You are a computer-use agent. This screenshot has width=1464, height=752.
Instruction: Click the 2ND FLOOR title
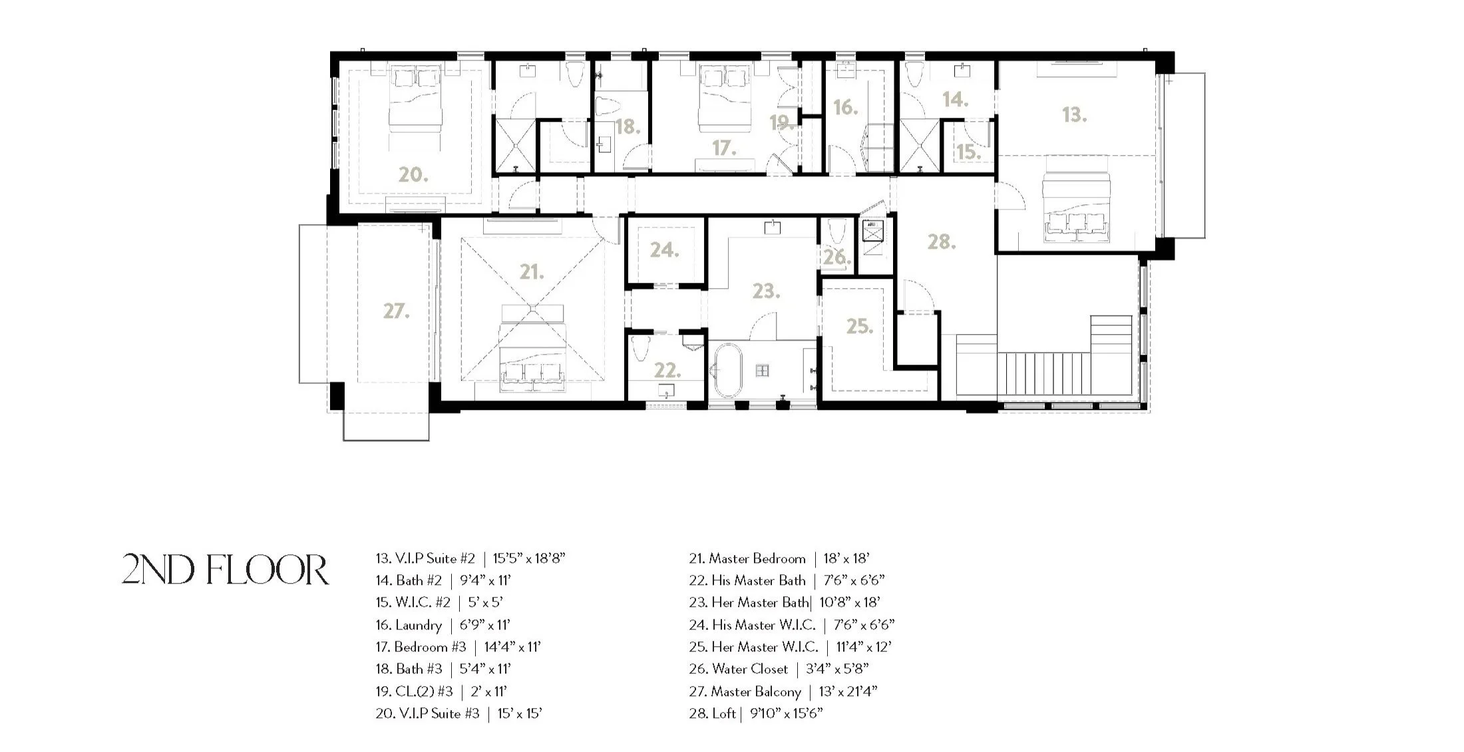point(225,570)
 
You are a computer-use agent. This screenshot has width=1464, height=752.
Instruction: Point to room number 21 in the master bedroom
point(532,272)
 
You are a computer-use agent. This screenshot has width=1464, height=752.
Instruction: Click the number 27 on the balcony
point(396,311)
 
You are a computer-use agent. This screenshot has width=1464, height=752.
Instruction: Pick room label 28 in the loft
point(942,242)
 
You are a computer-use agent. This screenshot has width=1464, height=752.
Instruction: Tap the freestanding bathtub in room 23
point(724,371)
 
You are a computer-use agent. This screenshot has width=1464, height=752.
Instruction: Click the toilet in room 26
point(836,233)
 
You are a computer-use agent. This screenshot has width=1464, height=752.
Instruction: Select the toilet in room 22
point(641,348)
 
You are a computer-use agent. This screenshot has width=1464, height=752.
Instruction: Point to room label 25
point(859,326)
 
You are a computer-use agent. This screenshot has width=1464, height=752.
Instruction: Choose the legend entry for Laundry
point(443,625)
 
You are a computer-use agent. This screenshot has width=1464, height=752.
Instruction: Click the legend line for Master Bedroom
point(779,558)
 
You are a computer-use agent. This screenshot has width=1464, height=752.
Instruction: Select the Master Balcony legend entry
point(783,691)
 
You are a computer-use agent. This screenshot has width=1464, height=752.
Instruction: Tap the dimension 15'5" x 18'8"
point(529,558)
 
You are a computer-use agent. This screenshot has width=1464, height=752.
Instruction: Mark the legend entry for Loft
point(755,713)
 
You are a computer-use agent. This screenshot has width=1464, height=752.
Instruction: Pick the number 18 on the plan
point(628,126)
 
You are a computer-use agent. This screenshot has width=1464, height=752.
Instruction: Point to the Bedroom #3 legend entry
point(458,647)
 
